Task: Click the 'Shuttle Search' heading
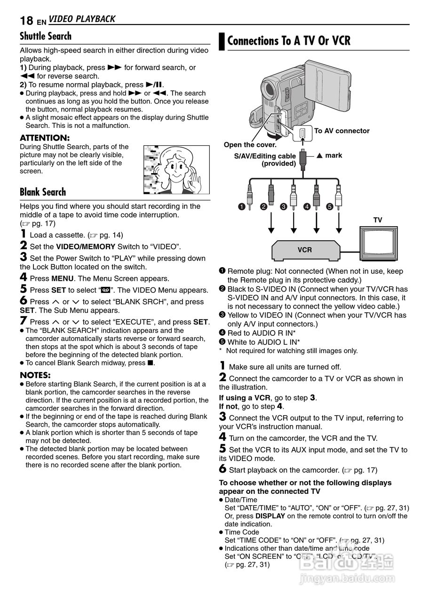(46, 36)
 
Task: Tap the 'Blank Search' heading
(43, 192)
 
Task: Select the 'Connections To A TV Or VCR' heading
(289, 41)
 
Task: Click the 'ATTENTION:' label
(45, 138)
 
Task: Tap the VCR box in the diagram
(304, 250)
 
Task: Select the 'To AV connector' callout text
(342, 131)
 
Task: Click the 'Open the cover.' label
(250, 145)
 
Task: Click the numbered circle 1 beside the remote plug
(241, 206)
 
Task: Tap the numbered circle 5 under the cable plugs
(329, 206)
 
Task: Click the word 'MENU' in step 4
(62, 278)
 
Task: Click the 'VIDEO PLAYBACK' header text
(82, 19)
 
